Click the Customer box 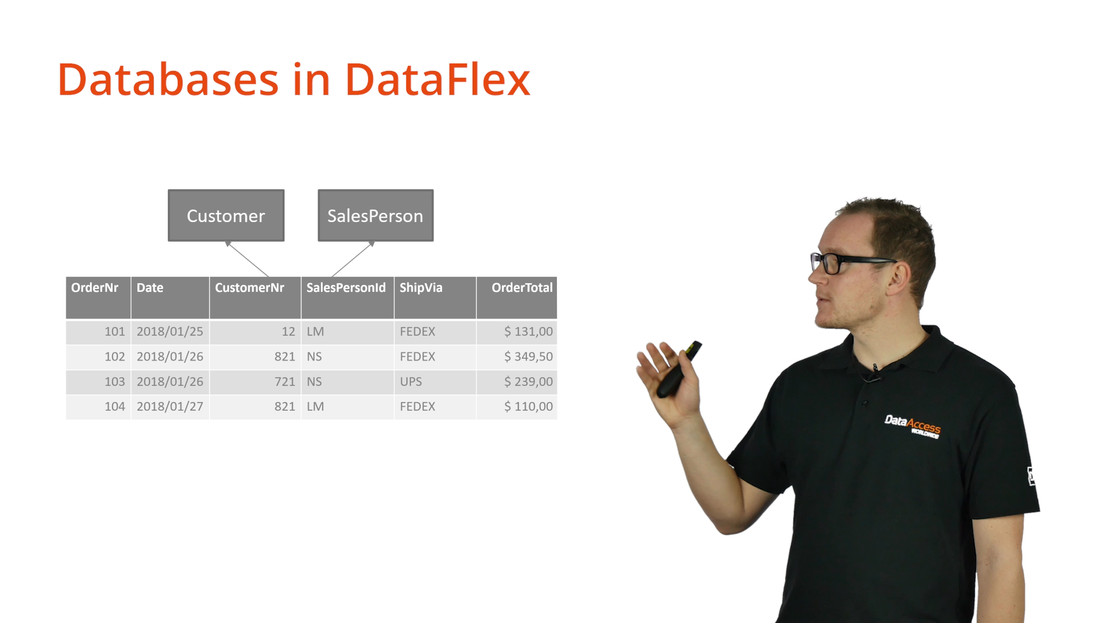point(226,215)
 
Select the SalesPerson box point(376,215)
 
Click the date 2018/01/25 point(170,332)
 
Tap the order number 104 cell point(98,407)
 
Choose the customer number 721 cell point(255,382)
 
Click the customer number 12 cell point(255,332)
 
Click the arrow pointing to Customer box point(247,259)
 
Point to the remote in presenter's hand point(679,370)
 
